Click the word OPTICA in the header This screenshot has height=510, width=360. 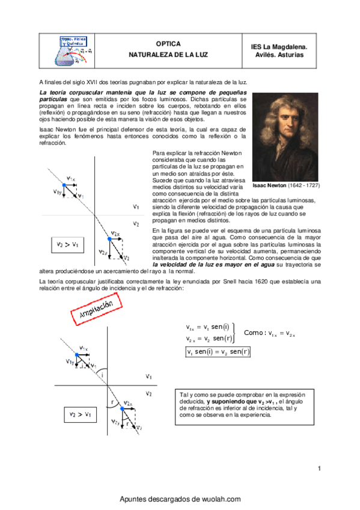point(168,44)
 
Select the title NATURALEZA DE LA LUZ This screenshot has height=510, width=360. point(168,54)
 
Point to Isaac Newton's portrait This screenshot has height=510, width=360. point(285,136)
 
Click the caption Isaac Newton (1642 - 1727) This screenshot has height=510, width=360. point(285,186)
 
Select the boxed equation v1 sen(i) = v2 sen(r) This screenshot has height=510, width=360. point(218,352)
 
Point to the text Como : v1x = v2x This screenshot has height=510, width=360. point(270,333)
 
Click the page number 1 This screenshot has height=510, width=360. point(319,469)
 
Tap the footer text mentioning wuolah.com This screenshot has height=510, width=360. point(180,499)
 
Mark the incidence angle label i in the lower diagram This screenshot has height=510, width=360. point(102,375)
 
